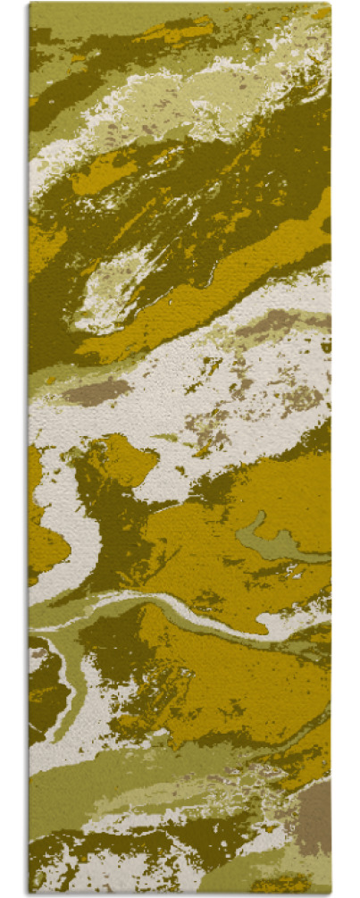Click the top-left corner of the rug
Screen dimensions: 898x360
tap(30, 4)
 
